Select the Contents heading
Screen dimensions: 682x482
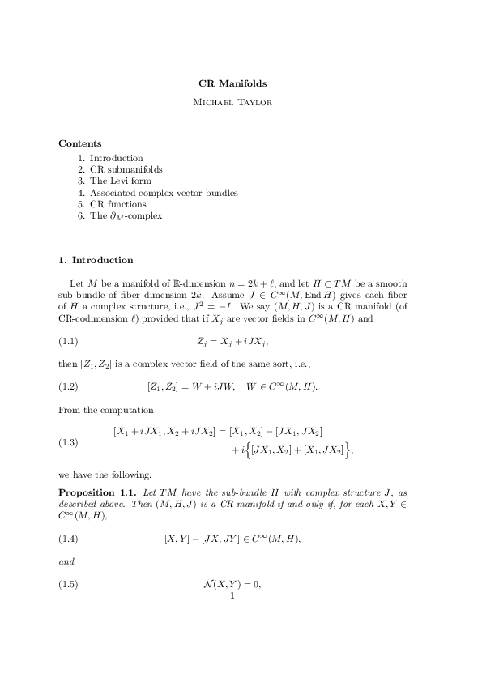click(80, 143)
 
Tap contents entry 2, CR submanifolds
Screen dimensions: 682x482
click(120, 169)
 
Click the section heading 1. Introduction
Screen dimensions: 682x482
click(96, 260)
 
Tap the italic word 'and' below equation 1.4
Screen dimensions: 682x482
click(66, 561)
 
